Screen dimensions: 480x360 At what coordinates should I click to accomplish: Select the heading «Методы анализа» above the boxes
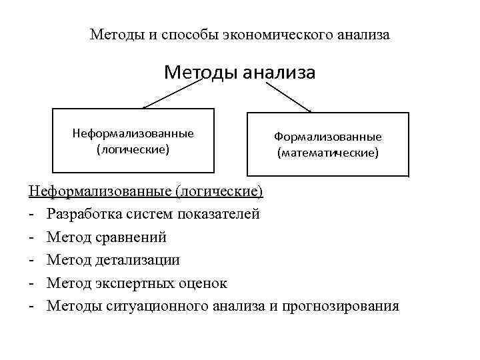coord(239,71)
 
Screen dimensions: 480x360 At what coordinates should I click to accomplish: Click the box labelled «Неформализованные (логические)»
coord(133,141)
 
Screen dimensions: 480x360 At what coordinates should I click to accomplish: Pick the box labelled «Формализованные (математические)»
coord(327,145)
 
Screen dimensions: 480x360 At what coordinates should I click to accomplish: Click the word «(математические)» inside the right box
coord(328,153)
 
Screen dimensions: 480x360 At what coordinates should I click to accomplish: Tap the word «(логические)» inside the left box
coord(133,149)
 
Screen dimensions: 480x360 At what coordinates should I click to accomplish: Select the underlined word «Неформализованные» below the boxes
coord(100,192)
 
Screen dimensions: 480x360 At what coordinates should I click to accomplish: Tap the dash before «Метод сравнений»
coord(31,237)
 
